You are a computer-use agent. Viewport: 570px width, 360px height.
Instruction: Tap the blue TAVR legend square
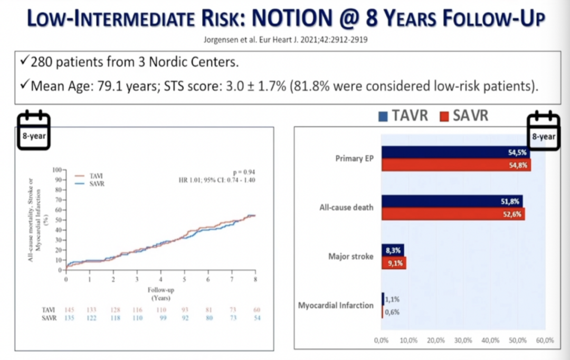383,116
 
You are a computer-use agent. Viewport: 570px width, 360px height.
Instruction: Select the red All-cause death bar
453,214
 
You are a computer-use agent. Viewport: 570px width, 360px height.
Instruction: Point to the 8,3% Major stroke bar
393,250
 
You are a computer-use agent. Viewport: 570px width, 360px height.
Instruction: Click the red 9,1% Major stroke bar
394,263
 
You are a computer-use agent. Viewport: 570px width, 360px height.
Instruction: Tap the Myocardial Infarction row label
336,306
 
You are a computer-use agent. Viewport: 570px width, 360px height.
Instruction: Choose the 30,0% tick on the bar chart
463,340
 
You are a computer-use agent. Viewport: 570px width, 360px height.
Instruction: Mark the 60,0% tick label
544,340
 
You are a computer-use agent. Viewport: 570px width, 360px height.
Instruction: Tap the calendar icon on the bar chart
543,130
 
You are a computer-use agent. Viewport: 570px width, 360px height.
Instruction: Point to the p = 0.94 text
244,173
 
